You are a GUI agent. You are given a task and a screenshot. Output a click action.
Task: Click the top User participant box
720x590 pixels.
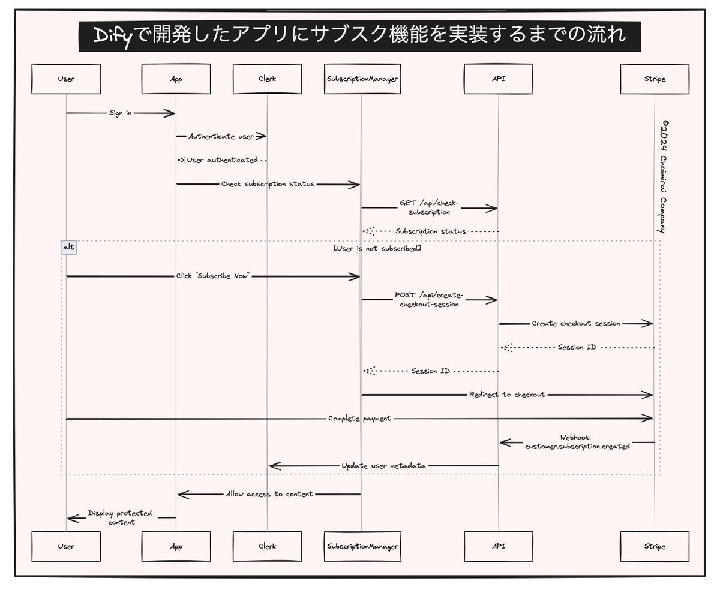66,79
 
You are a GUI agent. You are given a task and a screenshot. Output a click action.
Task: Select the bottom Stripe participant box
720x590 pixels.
654,546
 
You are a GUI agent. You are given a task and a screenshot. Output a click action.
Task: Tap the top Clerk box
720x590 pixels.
267,79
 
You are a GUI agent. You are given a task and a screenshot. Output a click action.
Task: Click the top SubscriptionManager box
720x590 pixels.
361,79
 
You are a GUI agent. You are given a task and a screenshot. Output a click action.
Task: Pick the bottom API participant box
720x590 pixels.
498,546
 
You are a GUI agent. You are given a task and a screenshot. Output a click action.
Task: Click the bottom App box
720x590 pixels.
176,546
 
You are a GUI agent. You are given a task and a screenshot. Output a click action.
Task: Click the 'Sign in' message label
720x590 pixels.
120,113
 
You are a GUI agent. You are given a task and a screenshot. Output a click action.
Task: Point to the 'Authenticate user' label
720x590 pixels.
221,137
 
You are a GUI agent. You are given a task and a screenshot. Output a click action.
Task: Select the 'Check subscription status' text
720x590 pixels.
267,184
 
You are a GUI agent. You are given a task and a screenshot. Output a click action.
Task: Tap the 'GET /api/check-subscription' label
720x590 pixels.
428,207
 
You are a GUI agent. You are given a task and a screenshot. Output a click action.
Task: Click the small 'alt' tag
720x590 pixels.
69,247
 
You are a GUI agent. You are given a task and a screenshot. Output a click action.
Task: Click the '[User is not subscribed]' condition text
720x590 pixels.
376,247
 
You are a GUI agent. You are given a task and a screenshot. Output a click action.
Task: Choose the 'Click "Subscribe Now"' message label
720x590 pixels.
212,276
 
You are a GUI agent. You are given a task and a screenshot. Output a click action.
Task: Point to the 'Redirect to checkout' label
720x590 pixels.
507,394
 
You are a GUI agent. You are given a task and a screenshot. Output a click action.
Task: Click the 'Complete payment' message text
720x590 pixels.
359,418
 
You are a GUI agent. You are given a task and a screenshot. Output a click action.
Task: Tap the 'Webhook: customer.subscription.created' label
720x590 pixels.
577,442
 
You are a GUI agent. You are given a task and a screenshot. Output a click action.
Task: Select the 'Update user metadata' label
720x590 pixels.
383,465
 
